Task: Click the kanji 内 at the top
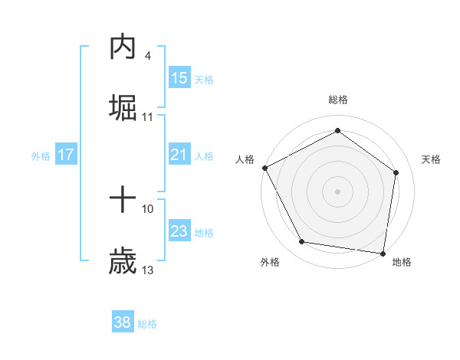click(123, 47)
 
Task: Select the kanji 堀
click(123, 107)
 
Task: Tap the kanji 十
click(123, 201)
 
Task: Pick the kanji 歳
click(123, 261)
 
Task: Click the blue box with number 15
click(179, 77)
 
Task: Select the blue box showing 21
click(179, 155)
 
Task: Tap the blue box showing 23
click(179, 231)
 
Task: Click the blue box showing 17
click(66, 155)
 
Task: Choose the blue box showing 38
click(123, 322)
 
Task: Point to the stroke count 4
click(147, 56)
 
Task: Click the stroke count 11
click(148, 117)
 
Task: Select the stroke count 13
click(148, 270)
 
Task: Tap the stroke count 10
click(148, 208)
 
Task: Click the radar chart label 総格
click(338, 100)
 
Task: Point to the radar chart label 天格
click(432, 159)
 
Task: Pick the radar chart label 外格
click(270, 262)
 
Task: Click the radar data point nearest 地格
click(383, 253)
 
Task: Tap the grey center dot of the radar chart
click(338, 191)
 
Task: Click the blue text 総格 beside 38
click(147, 324)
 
